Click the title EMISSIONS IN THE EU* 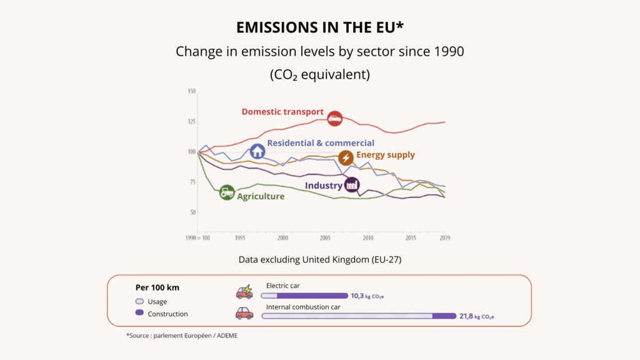pyautogui.click(x=319, y=27)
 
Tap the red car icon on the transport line pyautogui.click(x=335, y=117)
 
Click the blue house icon pyautogui.click(x=257, y=151)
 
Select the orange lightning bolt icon pyautogui.click(x=346, y=157)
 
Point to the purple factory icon pyautogui.click(x=352, y=184)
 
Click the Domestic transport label pyautogui.click(x=282, y=112)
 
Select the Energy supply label pyautogui.click(x=385, y=155)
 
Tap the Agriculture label pyautogui.click(x=261, y=196)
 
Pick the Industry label pyautogui.click(x=323, y=186)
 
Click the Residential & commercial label pyautogui.click(x=321, y=143)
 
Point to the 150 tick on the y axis pyautogui.click(x=192, y=91)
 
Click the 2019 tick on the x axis pyautogui.click(x=444, y=238)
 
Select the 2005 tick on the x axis pyautogui.click(x=325, y=238)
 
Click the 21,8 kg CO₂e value pyautogui.click(x=476, y=316)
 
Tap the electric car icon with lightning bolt pyautogui.click(x=244, y=292)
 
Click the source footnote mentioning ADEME pyautogui.click(x=182, y=336)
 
